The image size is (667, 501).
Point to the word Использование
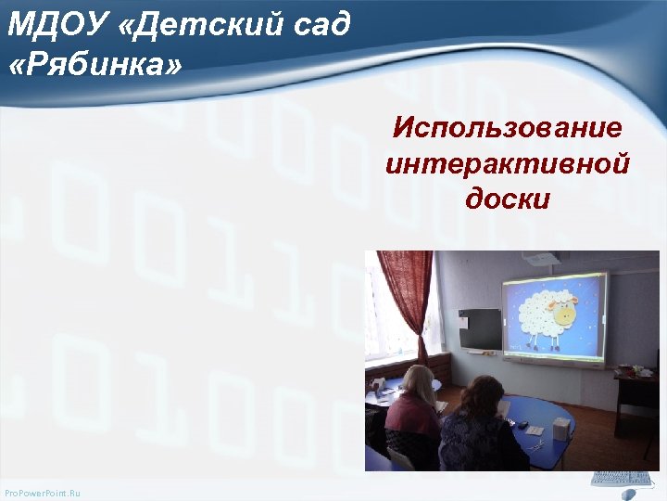pos(508,128)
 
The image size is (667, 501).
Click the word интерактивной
pos(508,163)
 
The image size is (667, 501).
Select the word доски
pos(508,199)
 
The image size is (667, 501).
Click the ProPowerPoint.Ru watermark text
pos(43,492)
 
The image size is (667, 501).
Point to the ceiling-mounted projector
pos(536,259)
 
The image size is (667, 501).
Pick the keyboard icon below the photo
pos(622,479)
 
